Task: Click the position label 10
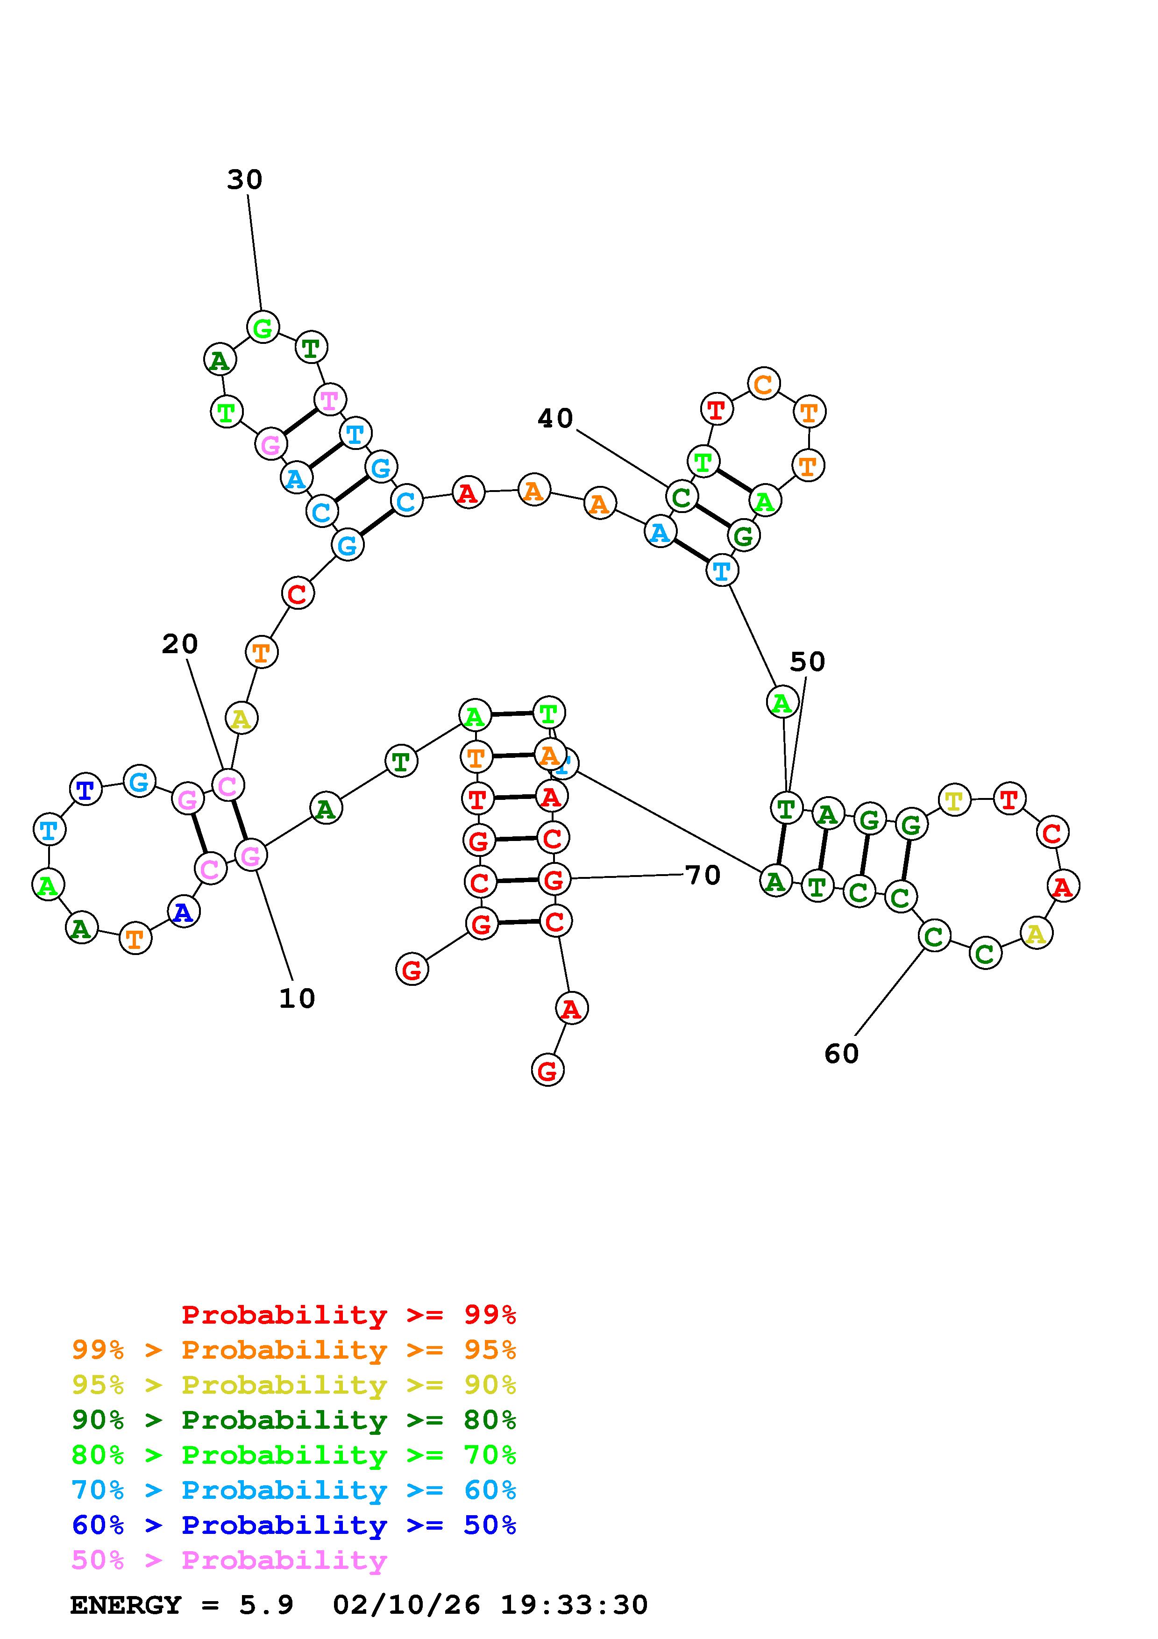coord(297,998)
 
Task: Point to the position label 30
coord(245,180)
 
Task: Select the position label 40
coord(555,418)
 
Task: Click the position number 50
coord(807,663)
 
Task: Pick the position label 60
coord(841,1054)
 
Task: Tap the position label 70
coord(703,875)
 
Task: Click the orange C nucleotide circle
coord(763,384)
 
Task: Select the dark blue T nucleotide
coord(85,790)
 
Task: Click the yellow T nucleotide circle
coord(954,800)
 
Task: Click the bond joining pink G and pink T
coord(300,422)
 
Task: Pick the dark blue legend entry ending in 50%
coord(293,1525)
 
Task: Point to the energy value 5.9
coord(266,1605)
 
